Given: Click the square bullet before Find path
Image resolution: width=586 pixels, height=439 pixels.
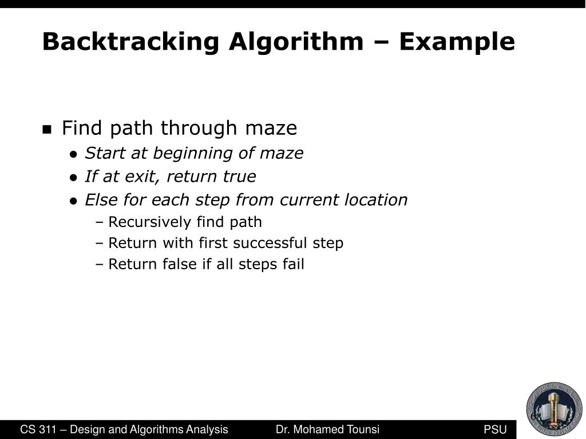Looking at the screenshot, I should pyautogui.click(x=47, y=129).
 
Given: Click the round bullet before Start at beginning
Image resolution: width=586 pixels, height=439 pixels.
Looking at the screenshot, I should pyautogui.click(x=73, y=154).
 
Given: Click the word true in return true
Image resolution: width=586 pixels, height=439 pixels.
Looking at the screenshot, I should pyautogui.click(x=239, y=177).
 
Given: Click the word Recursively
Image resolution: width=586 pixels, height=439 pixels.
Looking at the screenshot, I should pyautogui.click(x=150, y=222).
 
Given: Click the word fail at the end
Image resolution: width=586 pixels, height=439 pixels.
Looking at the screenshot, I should pyautogui.click(x=294, y=264).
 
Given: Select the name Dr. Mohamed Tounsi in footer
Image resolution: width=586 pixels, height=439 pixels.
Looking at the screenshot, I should pyautogui.click(x=327, y=430).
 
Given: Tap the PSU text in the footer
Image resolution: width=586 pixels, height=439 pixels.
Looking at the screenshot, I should pyautogui.click(x=495, y=430).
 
